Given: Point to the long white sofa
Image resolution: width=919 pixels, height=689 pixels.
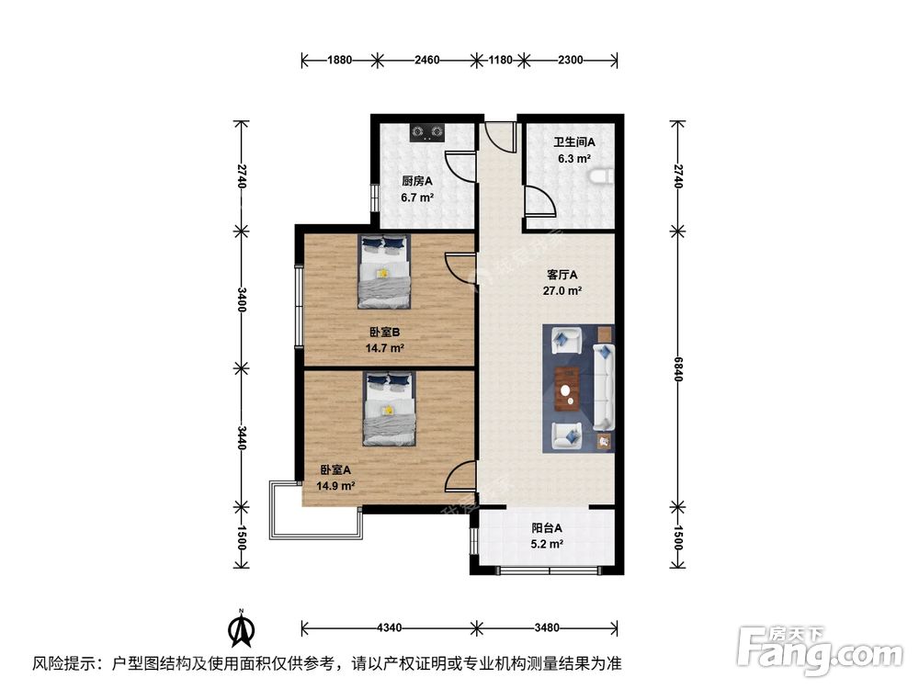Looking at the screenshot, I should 605,387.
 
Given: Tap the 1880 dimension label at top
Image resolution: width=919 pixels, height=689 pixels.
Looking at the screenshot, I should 339,61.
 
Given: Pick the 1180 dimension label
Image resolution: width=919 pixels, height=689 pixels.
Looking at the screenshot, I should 499,61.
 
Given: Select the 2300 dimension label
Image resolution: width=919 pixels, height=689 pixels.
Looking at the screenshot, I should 570,61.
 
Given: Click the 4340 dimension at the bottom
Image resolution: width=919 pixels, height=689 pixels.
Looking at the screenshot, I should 389,628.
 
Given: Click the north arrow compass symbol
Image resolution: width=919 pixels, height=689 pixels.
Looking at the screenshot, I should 240,629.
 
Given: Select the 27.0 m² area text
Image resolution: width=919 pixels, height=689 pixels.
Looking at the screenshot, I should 562,290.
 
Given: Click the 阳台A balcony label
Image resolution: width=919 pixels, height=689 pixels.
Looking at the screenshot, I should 547,528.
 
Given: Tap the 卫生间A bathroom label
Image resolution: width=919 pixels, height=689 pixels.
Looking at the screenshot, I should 574,142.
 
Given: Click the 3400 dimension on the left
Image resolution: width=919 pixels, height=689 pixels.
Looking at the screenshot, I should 242,299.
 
